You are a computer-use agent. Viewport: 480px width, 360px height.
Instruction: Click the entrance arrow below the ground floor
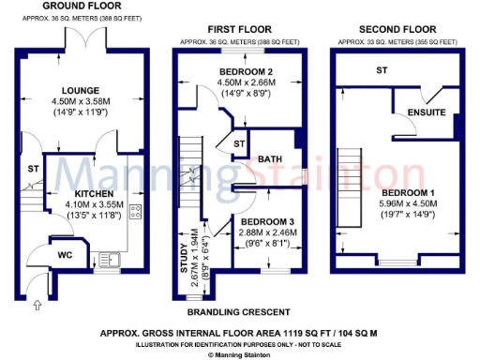[x=37, y=304]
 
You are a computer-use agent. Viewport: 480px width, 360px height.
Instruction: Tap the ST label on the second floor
[x=382, y=70]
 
